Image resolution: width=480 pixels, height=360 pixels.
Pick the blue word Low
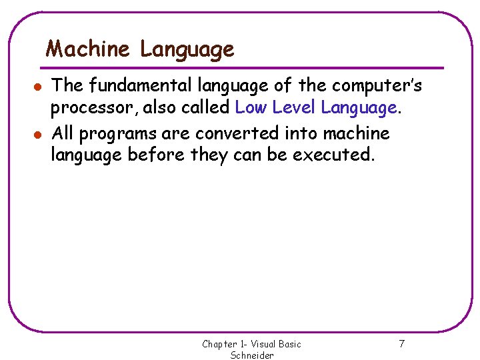251,107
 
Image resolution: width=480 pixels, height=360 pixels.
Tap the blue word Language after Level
359,108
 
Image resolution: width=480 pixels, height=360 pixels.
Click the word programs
119,134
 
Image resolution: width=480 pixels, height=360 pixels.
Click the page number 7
401,344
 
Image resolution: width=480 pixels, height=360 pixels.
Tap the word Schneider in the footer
252,355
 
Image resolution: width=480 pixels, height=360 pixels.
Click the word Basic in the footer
288,344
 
